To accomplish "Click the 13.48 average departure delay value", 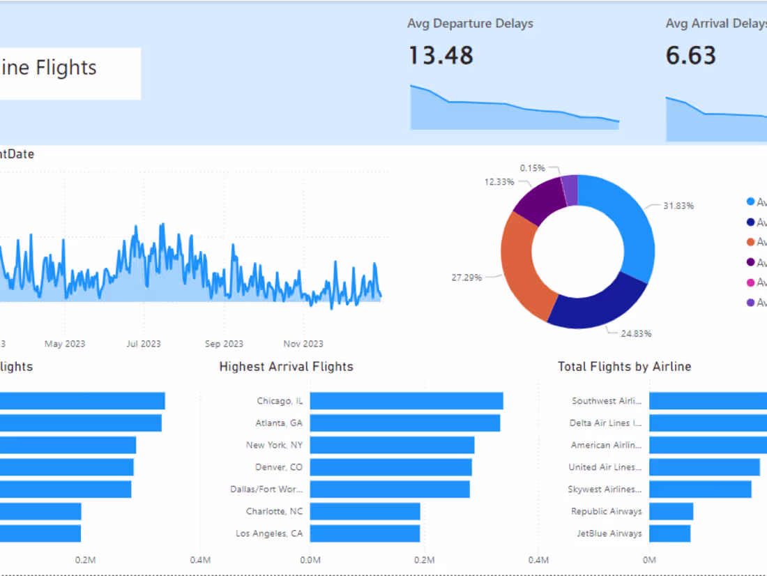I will tap(440, 55).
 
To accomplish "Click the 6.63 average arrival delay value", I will tap(690, 55).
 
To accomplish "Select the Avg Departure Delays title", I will tap(470, 24).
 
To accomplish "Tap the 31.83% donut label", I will tap(678, 206).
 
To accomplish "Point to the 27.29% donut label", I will tap(466, 277).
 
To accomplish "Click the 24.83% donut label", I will tap(636, 333).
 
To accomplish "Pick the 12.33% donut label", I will tap(499, 181).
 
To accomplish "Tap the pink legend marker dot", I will tap(750, 282).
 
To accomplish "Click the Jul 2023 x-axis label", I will tap(143, 344).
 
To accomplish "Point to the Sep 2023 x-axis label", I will tap(224, 344).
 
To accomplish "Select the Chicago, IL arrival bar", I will tap(407, 401).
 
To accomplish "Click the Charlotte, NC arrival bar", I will tap(365, 511).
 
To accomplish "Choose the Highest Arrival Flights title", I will tap(286, 367).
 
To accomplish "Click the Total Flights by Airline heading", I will tap(624, 367).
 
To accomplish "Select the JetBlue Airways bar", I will tap(669, 533).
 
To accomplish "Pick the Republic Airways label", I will tap(606, 511).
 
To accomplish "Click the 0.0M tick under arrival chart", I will tap(310, 560).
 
